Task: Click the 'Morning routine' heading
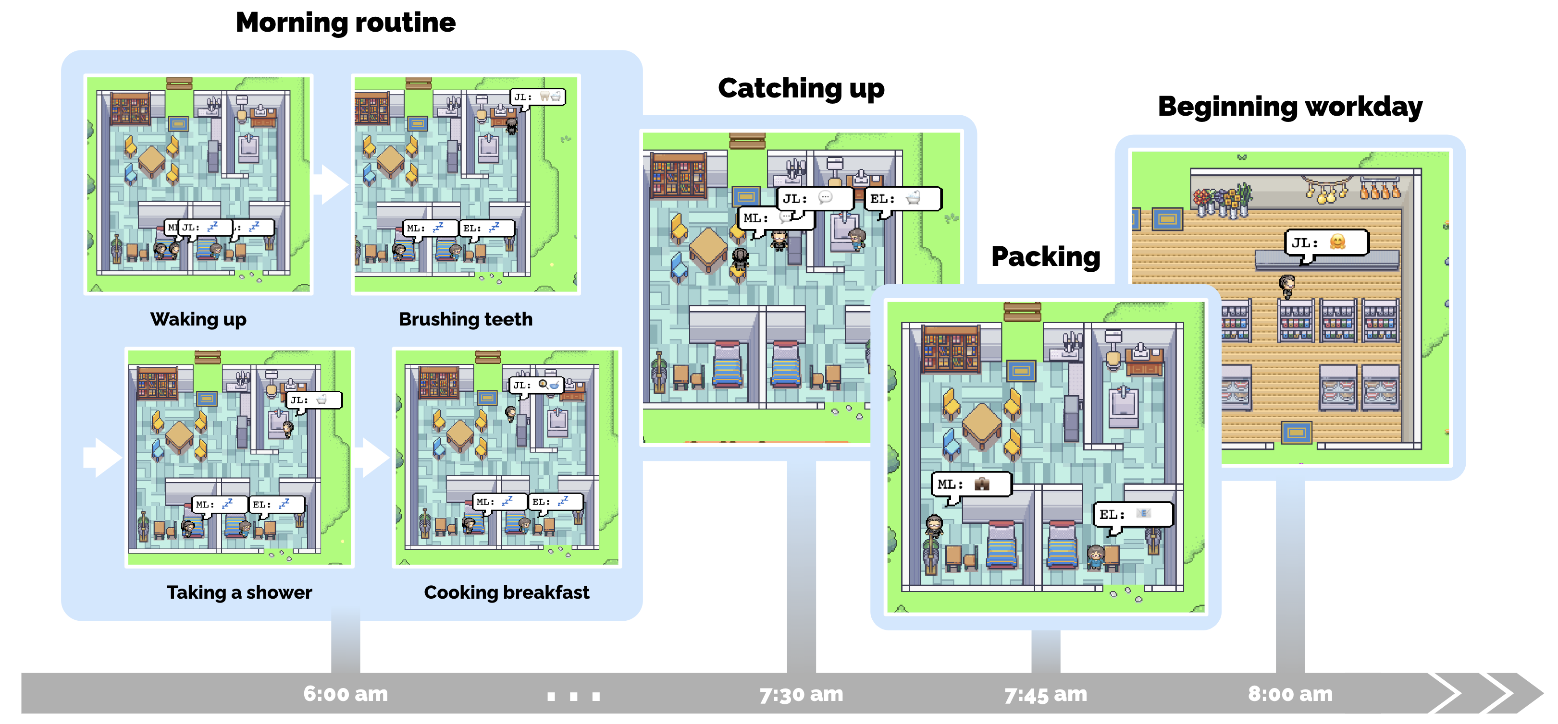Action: click(346, 23)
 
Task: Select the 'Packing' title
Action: click(1046, 257)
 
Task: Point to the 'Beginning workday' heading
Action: click(1290, 108)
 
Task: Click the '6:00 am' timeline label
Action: click(346, 694)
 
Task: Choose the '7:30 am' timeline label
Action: click(802, 694)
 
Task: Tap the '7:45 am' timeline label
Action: click(1046, 694)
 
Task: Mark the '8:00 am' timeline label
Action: click(1290, 694)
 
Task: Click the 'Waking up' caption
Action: click(198, 319)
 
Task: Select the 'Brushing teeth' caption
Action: click(466, 319)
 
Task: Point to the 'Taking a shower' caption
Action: click(239, 592)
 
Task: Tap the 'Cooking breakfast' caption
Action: click(507, 592)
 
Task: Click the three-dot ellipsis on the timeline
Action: click(573, 696)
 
